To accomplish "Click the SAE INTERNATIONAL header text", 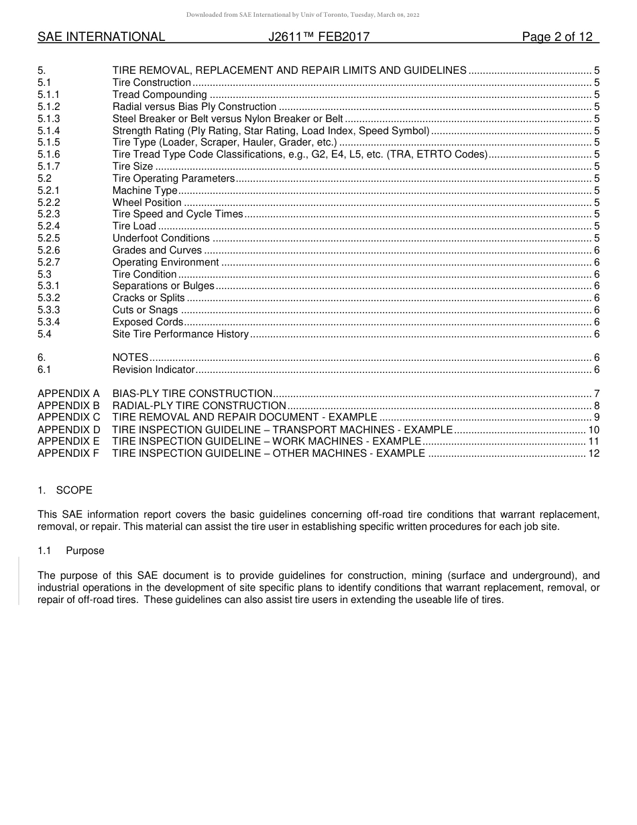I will (101, 37).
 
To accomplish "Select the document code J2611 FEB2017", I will (318, 37).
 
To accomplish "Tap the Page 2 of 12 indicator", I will (557, 37).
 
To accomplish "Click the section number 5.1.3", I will (49, 119).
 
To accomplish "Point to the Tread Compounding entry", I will (160, 95).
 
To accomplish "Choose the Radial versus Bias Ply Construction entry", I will (194, 107).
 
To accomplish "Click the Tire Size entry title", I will (133, 166).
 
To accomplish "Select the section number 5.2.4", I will (49, 226).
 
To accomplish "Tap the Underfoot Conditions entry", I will (161, 238).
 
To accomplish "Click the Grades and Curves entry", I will (157, 250).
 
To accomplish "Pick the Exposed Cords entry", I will (148, 322).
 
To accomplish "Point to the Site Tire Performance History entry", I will (180, 334).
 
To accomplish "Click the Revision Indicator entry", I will (154, 370).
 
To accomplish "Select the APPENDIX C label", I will (68, 417).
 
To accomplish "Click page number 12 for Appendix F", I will (593, 453).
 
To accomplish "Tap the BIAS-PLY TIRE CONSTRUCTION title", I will (192, 393).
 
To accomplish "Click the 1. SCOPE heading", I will (65, 490).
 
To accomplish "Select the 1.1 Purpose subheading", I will (71, 551).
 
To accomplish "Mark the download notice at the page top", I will (302, 15).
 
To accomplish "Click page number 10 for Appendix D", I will (593, 429).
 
